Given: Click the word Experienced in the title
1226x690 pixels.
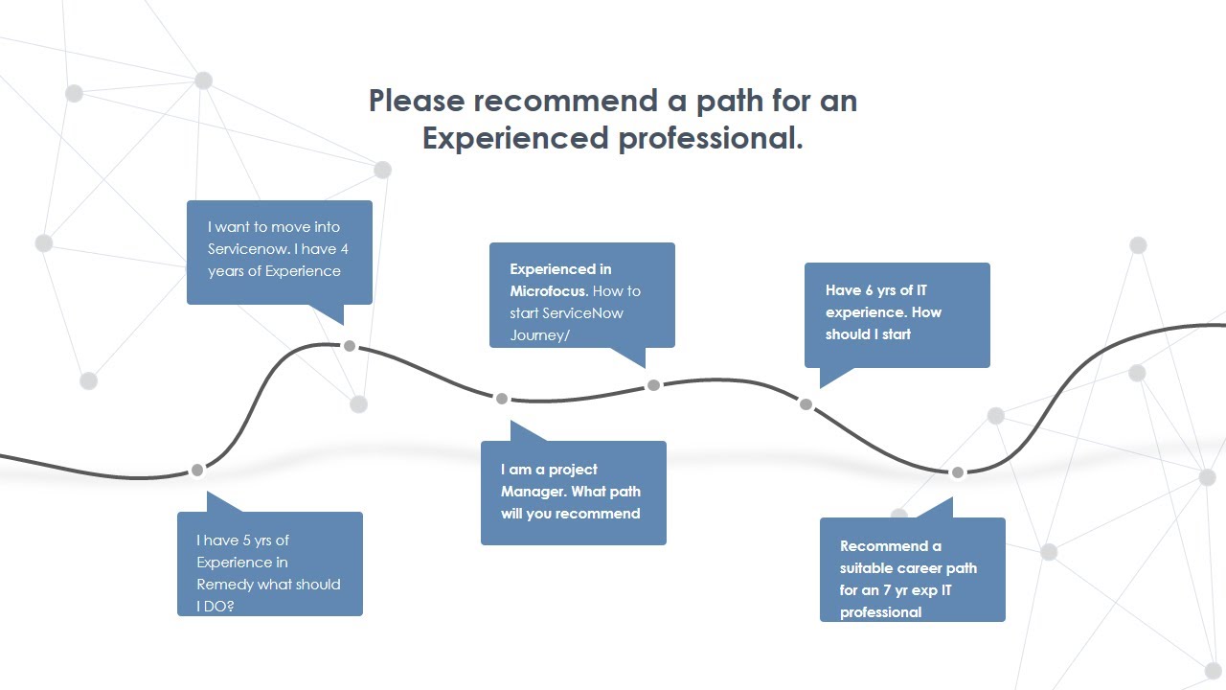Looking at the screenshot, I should pos(515,138).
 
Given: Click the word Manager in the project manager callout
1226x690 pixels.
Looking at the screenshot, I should pos(534,492).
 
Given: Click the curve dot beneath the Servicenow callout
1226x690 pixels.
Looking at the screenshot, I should pos(350,346).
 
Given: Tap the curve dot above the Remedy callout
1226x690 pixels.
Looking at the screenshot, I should pos(197,470).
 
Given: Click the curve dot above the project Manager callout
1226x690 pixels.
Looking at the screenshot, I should pos(501,398).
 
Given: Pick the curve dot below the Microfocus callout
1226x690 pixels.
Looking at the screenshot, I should pos(653,385).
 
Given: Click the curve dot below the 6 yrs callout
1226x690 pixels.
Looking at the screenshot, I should pos(806,404).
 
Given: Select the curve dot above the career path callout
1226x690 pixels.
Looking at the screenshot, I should pos(957,472).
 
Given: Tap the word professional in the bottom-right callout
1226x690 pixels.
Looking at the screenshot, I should pos(880,612).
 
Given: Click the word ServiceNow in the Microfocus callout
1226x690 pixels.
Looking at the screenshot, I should pos(582,312).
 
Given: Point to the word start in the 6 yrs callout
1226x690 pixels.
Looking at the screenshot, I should pos(895,334).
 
